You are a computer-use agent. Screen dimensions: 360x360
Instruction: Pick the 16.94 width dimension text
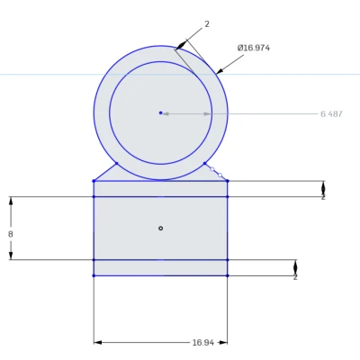(202, 342)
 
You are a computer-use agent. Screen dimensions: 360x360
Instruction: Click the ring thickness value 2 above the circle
(207, 24)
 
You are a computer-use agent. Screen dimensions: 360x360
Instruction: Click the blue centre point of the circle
(160, 112)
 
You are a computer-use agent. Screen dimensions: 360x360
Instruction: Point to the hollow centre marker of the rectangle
(160, 228)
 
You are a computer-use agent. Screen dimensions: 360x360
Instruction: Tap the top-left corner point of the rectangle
(94, 181)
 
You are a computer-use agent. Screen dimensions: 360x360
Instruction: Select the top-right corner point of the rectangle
(228, 181)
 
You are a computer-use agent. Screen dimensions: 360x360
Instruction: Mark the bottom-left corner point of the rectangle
(94, 275)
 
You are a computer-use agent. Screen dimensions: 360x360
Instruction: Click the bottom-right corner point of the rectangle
(228, 275)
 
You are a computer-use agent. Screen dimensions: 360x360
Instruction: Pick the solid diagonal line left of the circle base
(105, 172)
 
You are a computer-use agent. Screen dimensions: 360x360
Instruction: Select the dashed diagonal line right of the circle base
(216, 172)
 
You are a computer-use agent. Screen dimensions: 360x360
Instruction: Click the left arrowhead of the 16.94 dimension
(97, 342)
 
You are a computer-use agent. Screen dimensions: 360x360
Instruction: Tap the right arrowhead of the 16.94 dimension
(224, 342)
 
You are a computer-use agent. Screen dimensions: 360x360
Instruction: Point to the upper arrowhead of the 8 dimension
(11, 201)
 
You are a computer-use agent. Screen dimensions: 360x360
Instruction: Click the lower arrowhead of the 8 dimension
(11, 256)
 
